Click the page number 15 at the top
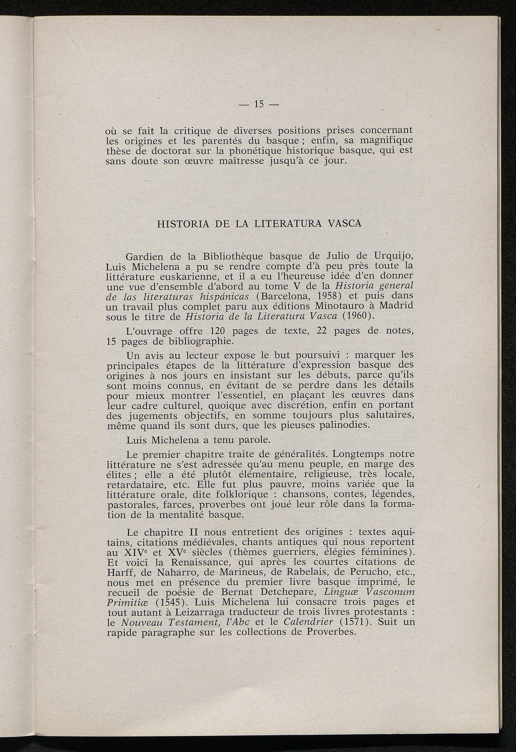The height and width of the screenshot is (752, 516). click(x=259, y=104)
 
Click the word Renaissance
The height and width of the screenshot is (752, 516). click(x=199, y=561)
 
